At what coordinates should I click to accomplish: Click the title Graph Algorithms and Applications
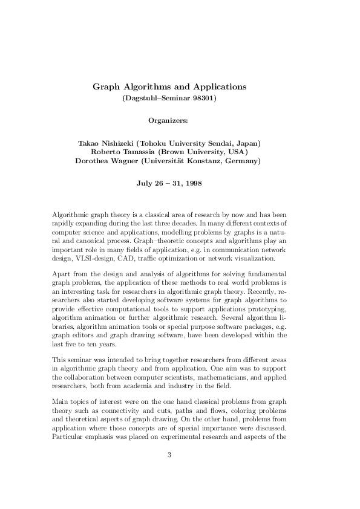169,86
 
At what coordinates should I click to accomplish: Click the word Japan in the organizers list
246,143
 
